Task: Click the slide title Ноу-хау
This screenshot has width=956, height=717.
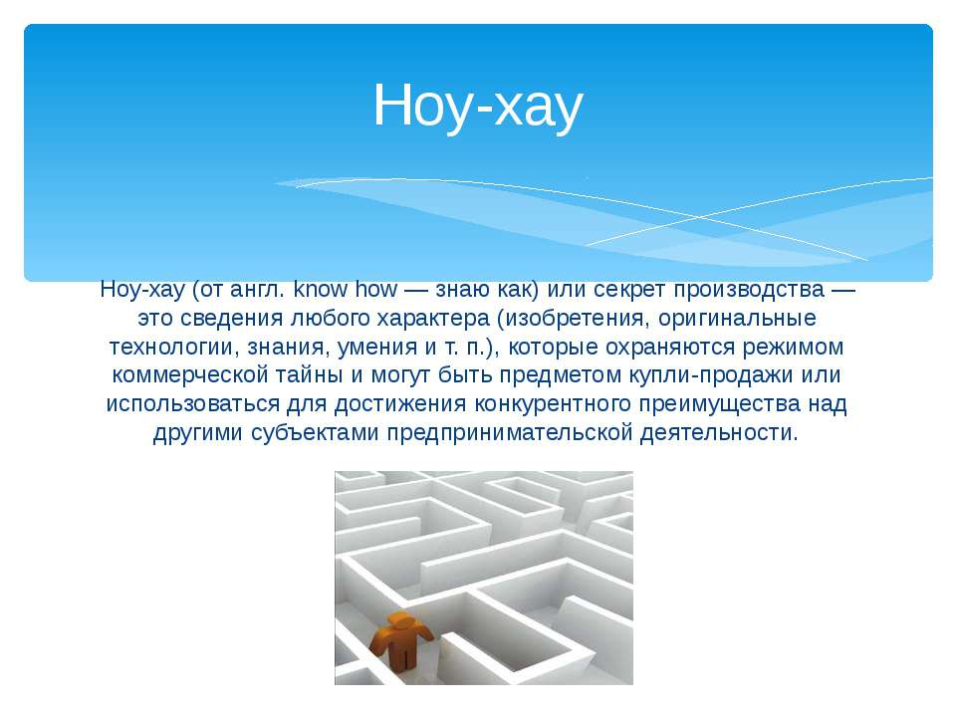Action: point(478,107)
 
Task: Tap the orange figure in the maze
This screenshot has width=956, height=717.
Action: point(401,641)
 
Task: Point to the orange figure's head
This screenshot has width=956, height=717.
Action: point(400,620)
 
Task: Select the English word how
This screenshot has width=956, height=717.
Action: point(376,289)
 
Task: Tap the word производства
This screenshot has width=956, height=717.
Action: point(749,290)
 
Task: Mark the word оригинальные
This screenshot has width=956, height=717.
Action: point(737,319)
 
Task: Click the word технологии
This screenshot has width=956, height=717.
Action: point(174,347)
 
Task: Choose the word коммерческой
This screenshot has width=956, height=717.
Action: point(189,374)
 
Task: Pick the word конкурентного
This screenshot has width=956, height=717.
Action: point(553,404)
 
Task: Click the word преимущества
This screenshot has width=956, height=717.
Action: point(720,404)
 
